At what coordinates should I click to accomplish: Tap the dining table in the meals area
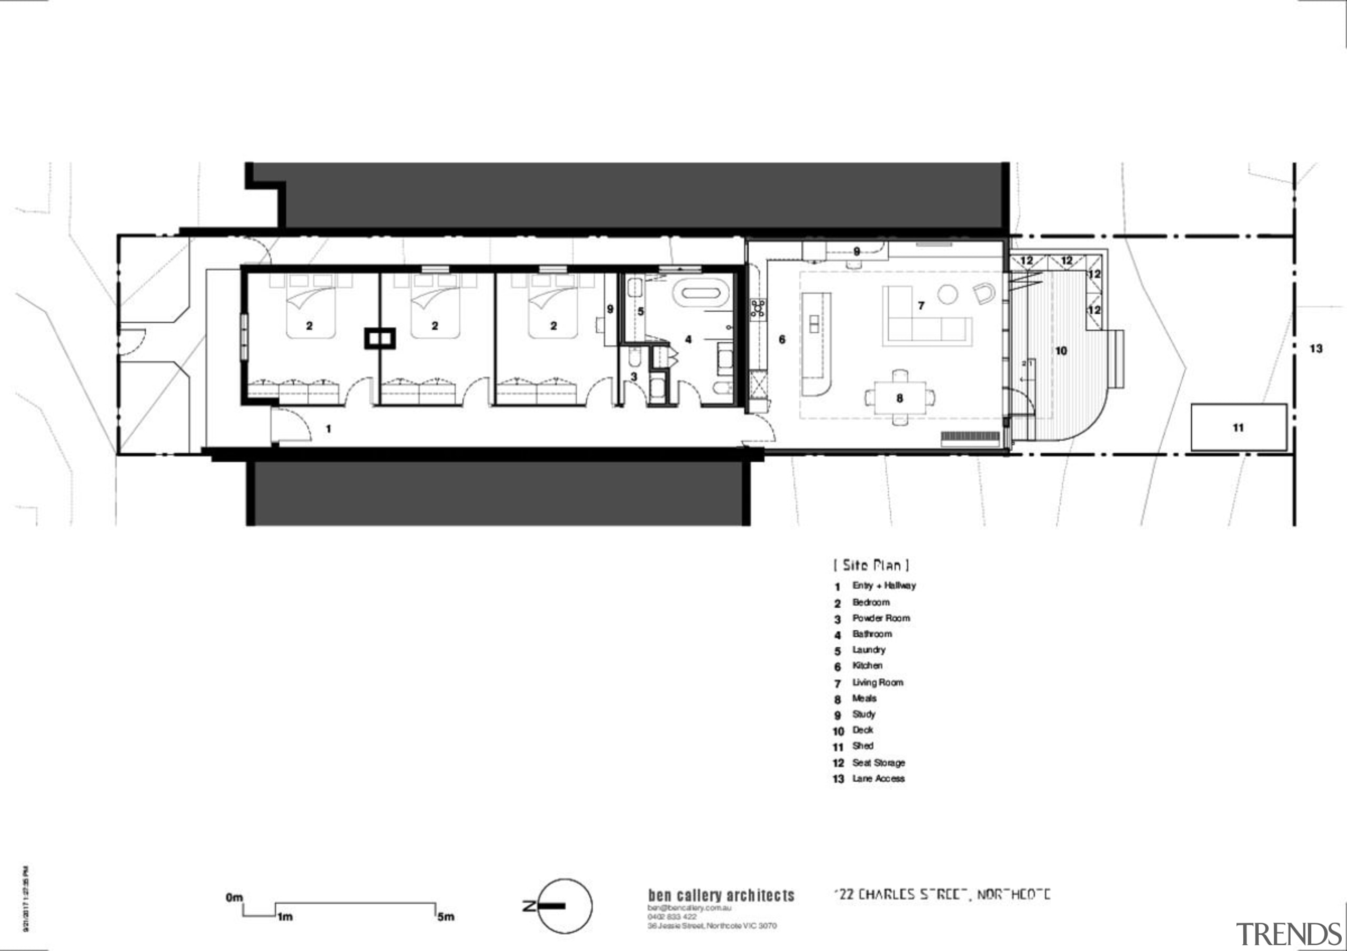tap(899, 398)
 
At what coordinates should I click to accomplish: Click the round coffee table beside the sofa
tap(948, 294)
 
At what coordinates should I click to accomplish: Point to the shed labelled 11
tap(1239, 427)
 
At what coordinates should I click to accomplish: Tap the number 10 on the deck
tap(1061, 351)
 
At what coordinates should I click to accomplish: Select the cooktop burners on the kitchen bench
tap(758, 309)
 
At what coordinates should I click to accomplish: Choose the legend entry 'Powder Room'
tap(881, 618)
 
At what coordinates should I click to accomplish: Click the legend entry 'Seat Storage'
tap(878, 763)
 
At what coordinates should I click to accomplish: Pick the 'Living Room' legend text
tap(878, 682)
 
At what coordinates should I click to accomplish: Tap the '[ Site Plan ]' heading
tap(871, 565)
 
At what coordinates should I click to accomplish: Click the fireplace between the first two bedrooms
tap(380, 339)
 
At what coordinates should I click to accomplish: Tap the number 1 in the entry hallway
tap(328, 429)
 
